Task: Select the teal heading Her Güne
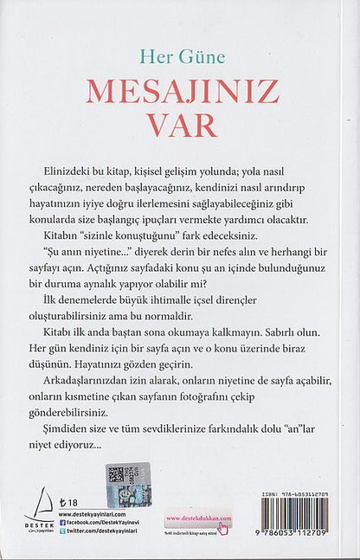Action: tap(182, 57)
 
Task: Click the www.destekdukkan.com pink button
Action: tap(198, 519)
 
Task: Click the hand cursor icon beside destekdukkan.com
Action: tap(222, 528)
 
